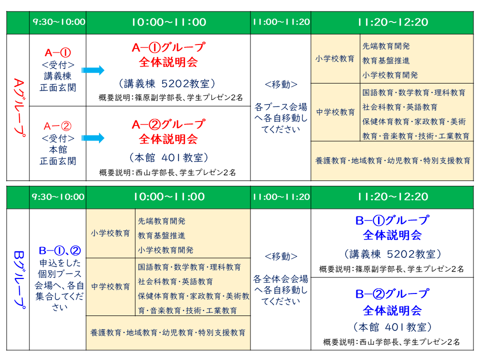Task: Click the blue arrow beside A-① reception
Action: click(x=93, y=70)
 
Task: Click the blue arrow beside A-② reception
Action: click(x=93, y=138)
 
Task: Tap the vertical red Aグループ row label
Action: click(x=18, y=107)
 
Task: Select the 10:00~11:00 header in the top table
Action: click(x=169, y=22)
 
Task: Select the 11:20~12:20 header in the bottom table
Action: click(x=393, y=196)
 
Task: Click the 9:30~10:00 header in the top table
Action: click(x=59, y=22)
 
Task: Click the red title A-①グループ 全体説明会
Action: click(x=168, y=54)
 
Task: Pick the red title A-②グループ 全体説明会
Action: click(x=168, y=131)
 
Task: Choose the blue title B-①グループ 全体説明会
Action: click(x=392, y=228)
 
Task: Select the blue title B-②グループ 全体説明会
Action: click(x=392, y=302)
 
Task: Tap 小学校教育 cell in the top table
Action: click(x=335, y=58)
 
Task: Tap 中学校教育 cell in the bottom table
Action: click(x=110, y=286)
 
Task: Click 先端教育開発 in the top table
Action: click(x=386, y=46)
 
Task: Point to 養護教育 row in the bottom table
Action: click(x=168, y=332)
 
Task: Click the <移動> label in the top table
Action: click(x=281, y=84)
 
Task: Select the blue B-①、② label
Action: click(x=60, y=250)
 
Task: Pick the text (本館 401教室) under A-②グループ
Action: click(x=168, y=157)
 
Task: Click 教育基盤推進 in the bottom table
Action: click(x=161, y=235)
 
